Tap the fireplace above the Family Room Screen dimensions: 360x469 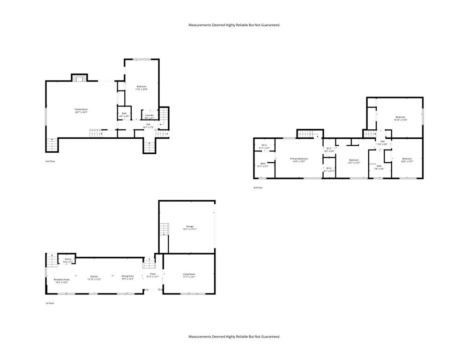79,78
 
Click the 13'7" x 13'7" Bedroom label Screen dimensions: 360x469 354,161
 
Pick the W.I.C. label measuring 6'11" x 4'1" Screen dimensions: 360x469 264,146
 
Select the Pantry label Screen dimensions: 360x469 68,260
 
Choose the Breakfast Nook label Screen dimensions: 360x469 61,281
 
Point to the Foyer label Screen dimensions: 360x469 153,275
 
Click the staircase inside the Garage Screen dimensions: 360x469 164,229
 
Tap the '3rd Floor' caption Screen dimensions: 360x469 258,187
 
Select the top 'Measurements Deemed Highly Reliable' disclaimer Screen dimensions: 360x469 234,25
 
